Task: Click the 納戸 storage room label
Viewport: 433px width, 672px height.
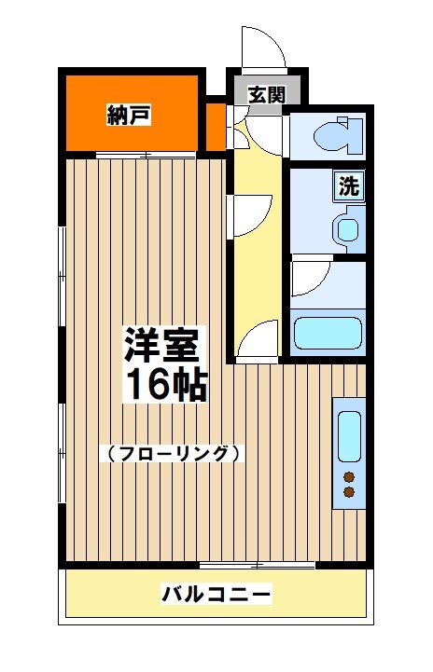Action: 129,116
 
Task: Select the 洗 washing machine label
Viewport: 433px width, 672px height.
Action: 349,185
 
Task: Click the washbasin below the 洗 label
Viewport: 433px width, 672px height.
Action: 347,226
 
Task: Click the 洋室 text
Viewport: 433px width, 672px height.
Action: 162,349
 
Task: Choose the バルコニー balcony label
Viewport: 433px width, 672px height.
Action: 216,594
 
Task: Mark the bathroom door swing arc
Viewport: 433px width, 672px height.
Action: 309,279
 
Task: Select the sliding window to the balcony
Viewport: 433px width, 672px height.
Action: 258,566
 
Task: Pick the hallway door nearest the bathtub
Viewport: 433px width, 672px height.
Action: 258,341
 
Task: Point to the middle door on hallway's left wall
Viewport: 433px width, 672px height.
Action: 250,216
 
